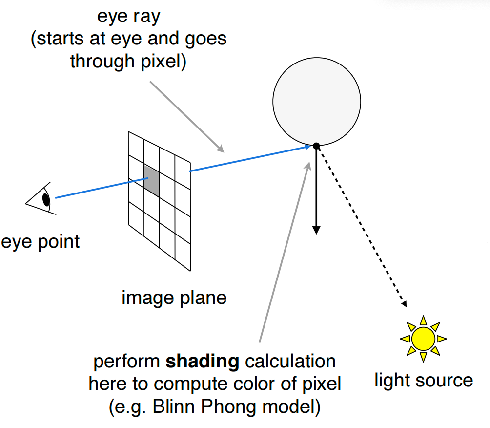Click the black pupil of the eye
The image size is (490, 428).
click(x=46, y=199)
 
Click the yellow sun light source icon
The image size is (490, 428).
click(x=423, y=338)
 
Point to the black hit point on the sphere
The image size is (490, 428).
click(x=316, y=146)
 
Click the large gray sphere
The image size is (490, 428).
click(x=316, y=102)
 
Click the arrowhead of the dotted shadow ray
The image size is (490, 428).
click(x=405, y=304)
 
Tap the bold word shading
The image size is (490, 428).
click(x=203, y=362)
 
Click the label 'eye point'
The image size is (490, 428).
click(x=40, y=241)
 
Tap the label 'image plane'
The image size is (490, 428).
click(x=174, y=297)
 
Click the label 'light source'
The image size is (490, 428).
click(x=424, y=380)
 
